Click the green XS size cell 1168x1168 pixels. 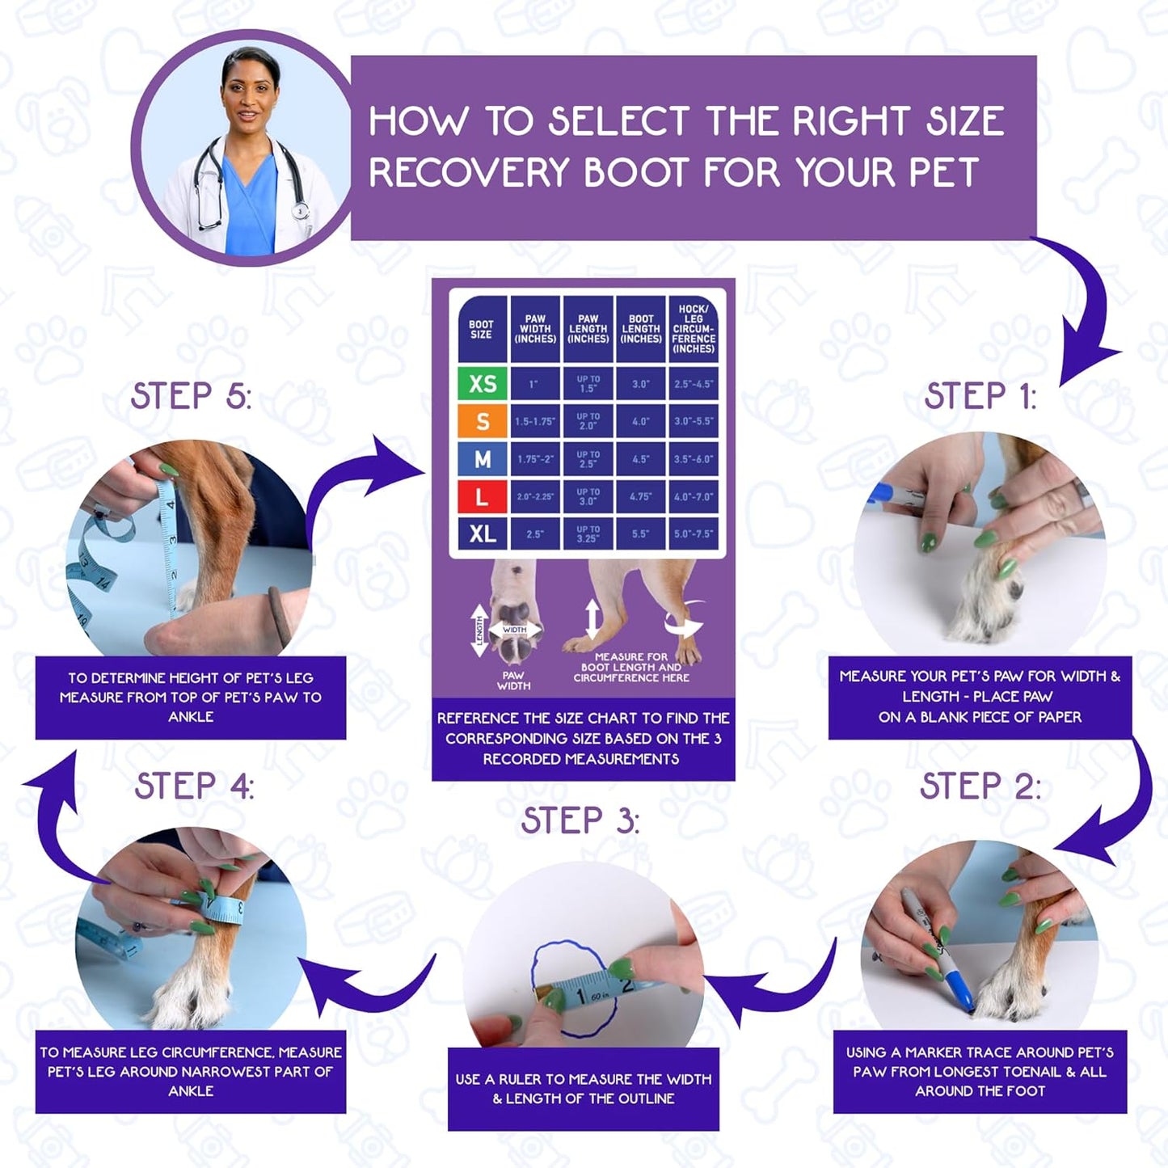pos(483,383)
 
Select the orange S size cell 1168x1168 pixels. pos(483,421)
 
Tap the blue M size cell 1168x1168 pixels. pos(483,459)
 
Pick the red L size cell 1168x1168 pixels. pos(483,496)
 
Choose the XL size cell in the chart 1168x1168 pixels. pos(483,533)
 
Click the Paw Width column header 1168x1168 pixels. pos(535,329)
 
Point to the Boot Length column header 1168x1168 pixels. pos(641,329)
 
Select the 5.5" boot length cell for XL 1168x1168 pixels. pos(641,533)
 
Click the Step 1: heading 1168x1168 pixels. pos(980,396)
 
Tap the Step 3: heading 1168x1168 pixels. pos(580,820)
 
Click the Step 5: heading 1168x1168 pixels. pos(191,396)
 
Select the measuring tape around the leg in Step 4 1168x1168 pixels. pos(218,909)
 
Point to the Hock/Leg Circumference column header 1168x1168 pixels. pos(694,329)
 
